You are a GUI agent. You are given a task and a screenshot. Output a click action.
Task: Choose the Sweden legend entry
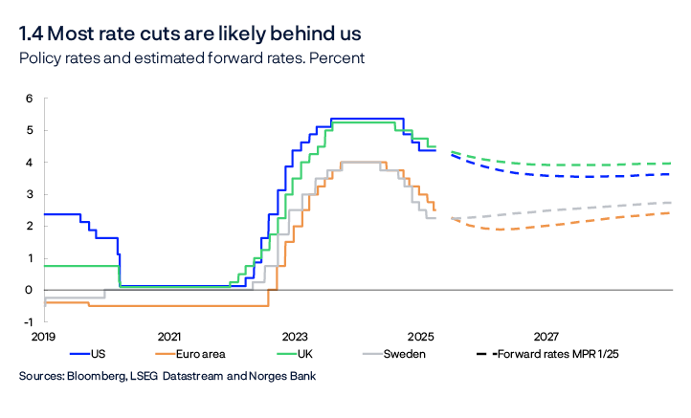pyautogui.click(x=406, y=354)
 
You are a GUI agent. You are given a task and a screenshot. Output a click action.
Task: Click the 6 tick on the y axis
pyautogui.click(x=30, y=99)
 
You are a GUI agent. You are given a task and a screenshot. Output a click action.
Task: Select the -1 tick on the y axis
pyautogui.click(x=29, y=322)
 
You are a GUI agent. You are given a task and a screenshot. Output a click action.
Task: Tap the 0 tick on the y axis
pyautogui.click(x=30, y=290)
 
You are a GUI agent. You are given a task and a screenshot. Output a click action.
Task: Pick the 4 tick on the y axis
pyautogui.click(x=30, y=163)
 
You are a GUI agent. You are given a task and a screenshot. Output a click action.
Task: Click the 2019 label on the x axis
pyautogui.click(x=44, y=337)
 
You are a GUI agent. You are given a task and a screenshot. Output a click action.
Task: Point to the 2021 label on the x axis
pyautogui.click(x=169, y=337)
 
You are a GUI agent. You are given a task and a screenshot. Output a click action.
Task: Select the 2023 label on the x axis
pyautogui.click(x=295, y=337)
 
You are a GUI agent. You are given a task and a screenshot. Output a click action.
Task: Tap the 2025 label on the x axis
pyautogui.click(x=420, y=337)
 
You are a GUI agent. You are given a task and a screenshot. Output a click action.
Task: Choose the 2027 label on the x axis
pyautogui.click(x=546, y=337)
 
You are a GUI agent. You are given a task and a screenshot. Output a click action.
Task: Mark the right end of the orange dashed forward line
pyautogui.click(x=670, y=212)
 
